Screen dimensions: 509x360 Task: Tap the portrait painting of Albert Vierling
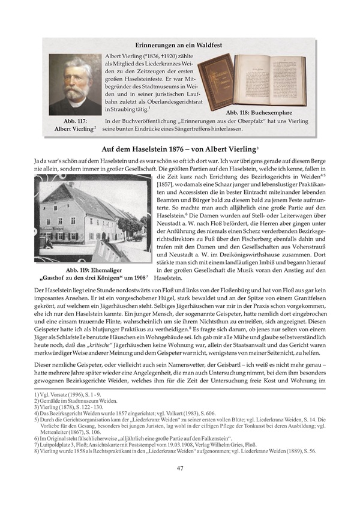click(x=74, y=85)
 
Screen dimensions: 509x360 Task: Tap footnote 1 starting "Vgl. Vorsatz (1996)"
click(x=53, y=394)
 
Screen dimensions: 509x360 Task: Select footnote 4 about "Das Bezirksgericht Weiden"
click(x=120, y=413)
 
